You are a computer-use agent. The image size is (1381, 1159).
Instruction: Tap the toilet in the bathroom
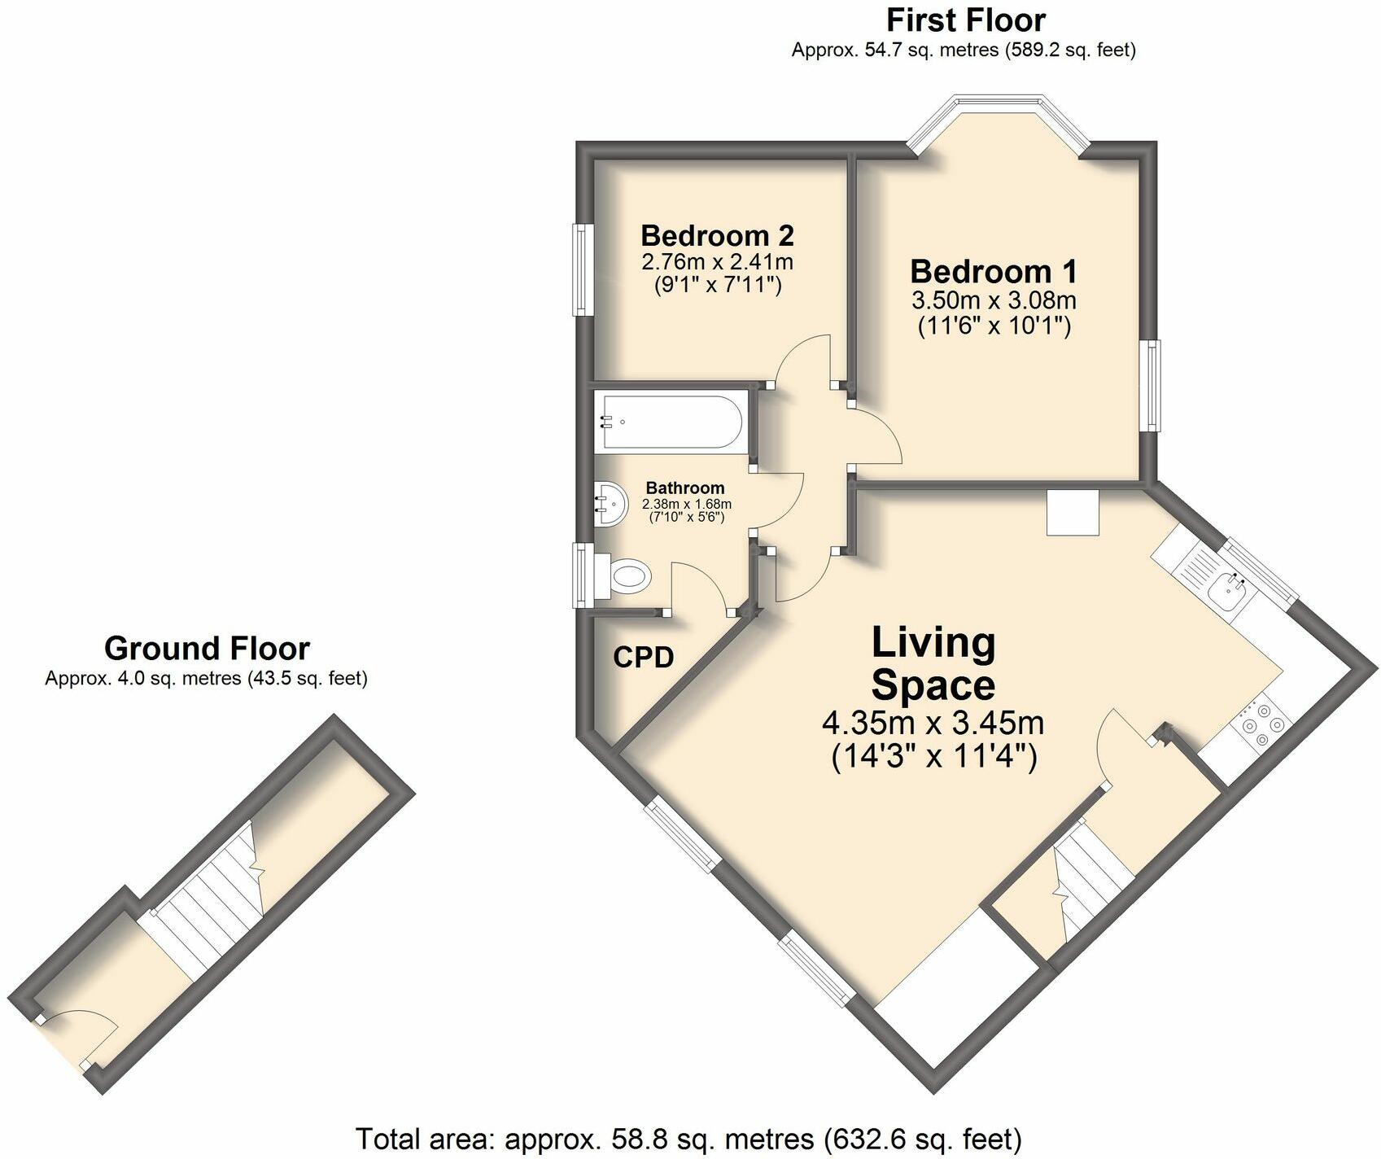625,576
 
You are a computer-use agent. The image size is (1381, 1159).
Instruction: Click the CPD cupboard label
644,657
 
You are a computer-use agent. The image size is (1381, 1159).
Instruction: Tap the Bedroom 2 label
717,235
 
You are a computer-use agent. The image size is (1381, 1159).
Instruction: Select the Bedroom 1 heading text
994,271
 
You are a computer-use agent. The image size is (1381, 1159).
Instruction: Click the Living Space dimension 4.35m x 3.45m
933,723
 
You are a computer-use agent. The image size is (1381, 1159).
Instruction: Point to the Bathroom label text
685,488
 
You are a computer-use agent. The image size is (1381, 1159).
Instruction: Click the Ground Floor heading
207,649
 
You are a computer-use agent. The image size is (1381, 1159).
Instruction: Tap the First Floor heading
966,19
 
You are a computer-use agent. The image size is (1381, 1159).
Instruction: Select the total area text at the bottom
688,1138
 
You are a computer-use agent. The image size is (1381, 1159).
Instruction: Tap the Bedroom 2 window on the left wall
580,269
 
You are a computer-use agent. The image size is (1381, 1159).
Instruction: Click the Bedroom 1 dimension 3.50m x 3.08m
994,300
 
